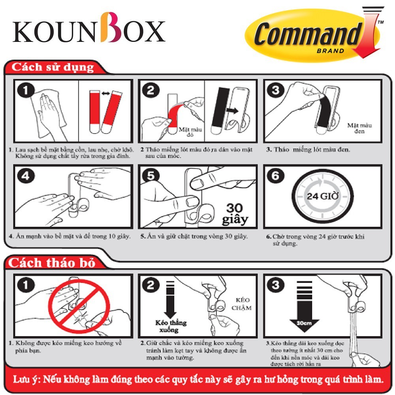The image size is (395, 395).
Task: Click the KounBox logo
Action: [x=89, y=28]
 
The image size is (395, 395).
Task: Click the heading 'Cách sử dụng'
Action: [x=53, y=67]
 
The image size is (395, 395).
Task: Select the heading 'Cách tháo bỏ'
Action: [x=52, y=263]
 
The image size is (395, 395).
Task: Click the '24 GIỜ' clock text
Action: [x=322, y=196]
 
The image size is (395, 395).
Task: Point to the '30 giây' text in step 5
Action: [x=235, y=214]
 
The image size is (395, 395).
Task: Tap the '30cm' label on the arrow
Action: [x=304, y=323]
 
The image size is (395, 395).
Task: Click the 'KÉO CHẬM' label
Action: [x=242, y=304]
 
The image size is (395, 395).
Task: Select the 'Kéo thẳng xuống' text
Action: [x=171, y=326]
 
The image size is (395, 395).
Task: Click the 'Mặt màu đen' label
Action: [x=359, y=128]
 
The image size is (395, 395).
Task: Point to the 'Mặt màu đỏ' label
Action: [x=190, y=132]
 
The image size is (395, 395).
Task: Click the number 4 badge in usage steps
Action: [x=26, y=176]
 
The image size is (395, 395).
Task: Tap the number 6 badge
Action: [x=276, y=176]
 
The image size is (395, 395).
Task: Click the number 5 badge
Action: [x=150, y=176]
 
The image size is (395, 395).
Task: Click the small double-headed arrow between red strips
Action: [x=105, y=94]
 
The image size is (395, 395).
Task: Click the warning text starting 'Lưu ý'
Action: [x=198, y=379]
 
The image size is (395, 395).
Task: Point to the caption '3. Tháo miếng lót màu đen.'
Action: [x=308, y=149]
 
